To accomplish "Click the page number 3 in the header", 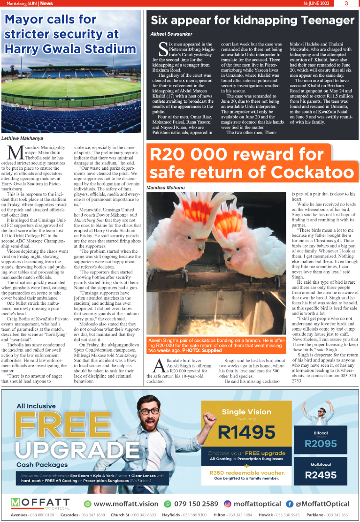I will pyautogui.click(x=346, y=3).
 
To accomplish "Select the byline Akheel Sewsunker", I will pyautogui.click(x=171, y=34).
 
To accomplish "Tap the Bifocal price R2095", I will pyautogui.click(x=321, y=443).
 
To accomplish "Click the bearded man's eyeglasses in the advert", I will pyautogui.click(x=150, y=412).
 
